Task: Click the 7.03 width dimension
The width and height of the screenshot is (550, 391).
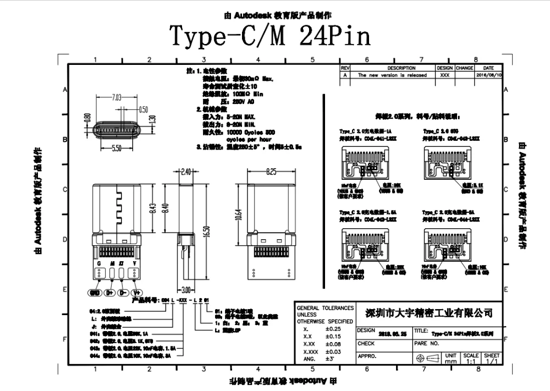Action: coord(117,97)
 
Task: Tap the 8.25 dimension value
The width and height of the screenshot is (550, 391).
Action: coord(271,172)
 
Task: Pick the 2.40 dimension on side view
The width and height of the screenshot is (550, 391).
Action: coord(185,172)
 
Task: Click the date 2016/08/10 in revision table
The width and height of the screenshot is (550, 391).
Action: coord(488,75)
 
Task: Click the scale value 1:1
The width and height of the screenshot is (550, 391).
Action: coord(471,362)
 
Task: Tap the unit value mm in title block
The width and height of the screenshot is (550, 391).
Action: coord(451,362)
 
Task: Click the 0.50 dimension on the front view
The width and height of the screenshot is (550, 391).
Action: coord(144,109)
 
